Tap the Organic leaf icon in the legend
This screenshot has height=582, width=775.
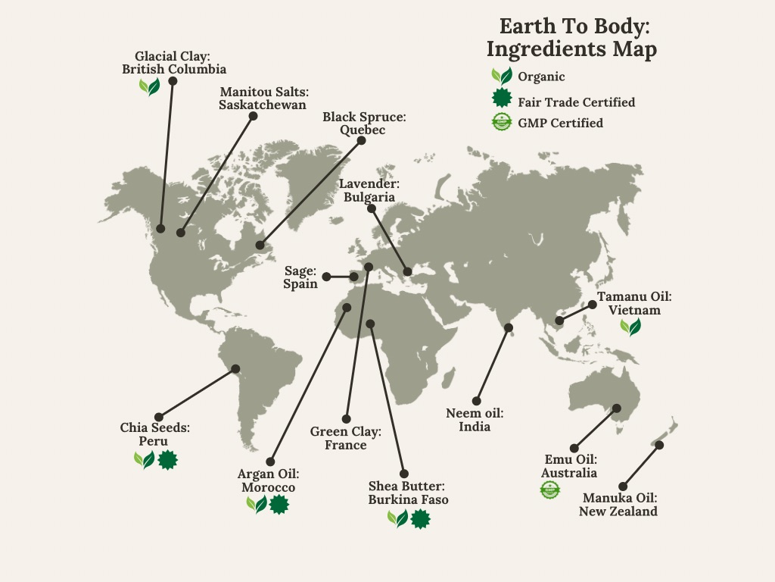click(x=501, y=76)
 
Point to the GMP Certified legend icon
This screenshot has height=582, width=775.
click(x=501, y=121)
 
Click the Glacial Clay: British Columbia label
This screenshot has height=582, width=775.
click(x=174, y=62)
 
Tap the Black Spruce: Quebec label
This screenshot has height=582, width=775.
click(x=363, y=123)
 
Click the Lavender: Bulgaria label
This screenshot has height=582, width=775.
click(x=369, y=190)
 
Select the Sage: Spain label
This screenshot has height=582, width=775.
click(x=300, y=277)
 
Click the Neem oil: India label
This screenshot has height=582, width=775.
click(x=475, y=419)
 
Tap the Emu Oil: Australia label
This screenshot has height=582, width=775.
click(x=569, y=466)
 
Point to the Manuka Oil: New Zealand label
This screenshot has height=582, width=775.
click(x=618, y=504)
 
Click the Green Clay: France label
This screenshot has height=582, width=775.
click(x=346, y=438)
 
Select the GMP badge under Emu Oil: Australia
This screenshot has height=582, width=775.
click(x=549, y=490)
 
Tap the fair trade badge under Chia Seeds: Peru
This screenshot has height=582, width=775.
click(x=167, y=459)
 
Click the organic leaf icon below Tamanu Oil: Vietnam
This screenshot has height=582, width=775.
click(x=630, y=327)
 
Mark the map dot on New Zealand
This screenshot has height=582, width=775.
click(x=659, y=445)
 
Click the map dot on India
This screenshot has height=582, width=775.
click(x=509, y=328)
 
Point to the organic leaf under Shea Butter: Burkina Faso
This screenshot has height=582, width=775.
click(x=397, y=518)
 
